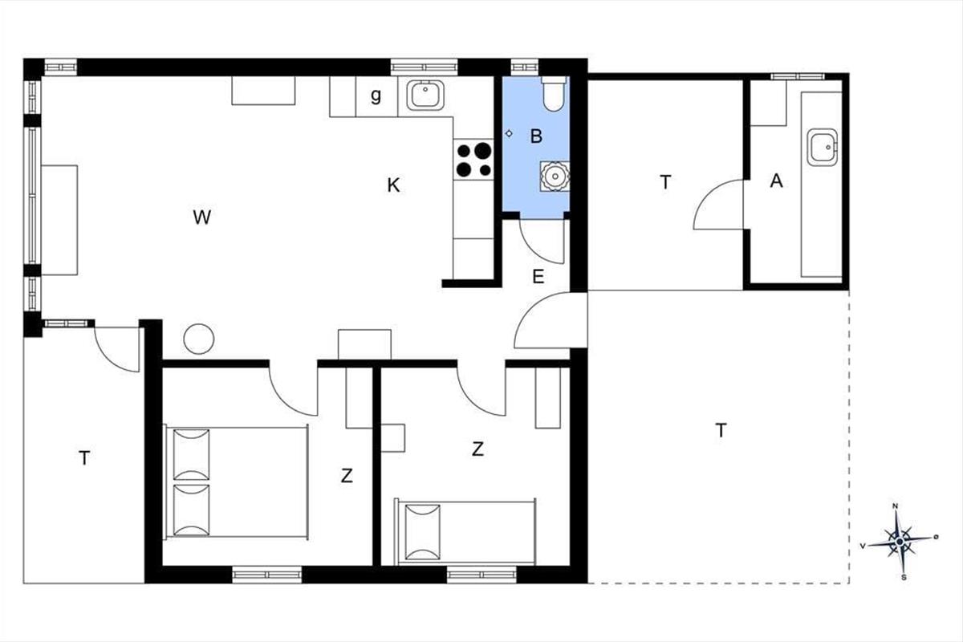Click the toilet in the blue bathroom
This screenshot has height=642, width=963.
point(555,94)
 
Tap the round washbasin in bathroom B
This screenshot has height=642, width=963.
point(555,177)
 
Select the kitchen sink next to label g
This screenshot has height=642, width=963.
point(425,95)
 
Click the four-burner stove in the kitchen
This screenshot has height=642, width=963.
point(473,160)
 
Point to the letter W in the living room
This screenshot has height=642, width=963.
point(201,217)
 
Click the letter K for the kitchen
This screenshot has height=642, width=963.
point(393,185)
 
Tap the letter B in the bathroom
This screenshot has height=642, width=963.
point(536,136)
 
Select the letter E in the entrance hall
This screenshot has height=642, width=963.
point(538,277)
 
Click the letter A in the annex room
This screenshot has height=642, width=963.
point(777,181)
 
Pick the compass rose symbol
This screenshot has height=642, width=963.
point(900,542)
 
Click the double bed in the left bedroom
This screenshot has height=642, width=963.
point(236,481)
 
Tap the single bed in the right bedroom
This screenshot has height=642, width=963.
point(465,532)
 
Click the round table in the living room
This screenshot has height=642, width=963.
point(199,339)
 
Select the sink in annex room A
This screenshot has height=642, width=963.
point(823,147)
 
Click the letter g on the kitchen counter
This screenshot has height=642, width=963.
point(376,95)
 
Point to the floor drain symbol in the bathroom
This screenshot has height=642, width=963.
point(509,134)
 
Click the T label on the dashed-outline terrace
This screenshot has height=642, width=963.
point(721,430)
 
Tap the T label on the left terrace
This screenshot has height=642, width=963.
point(84,458)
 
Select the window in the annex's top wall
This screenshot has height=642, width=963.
point(798,76)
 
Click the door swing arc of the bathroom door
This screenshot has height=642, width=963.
point(533,250)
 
